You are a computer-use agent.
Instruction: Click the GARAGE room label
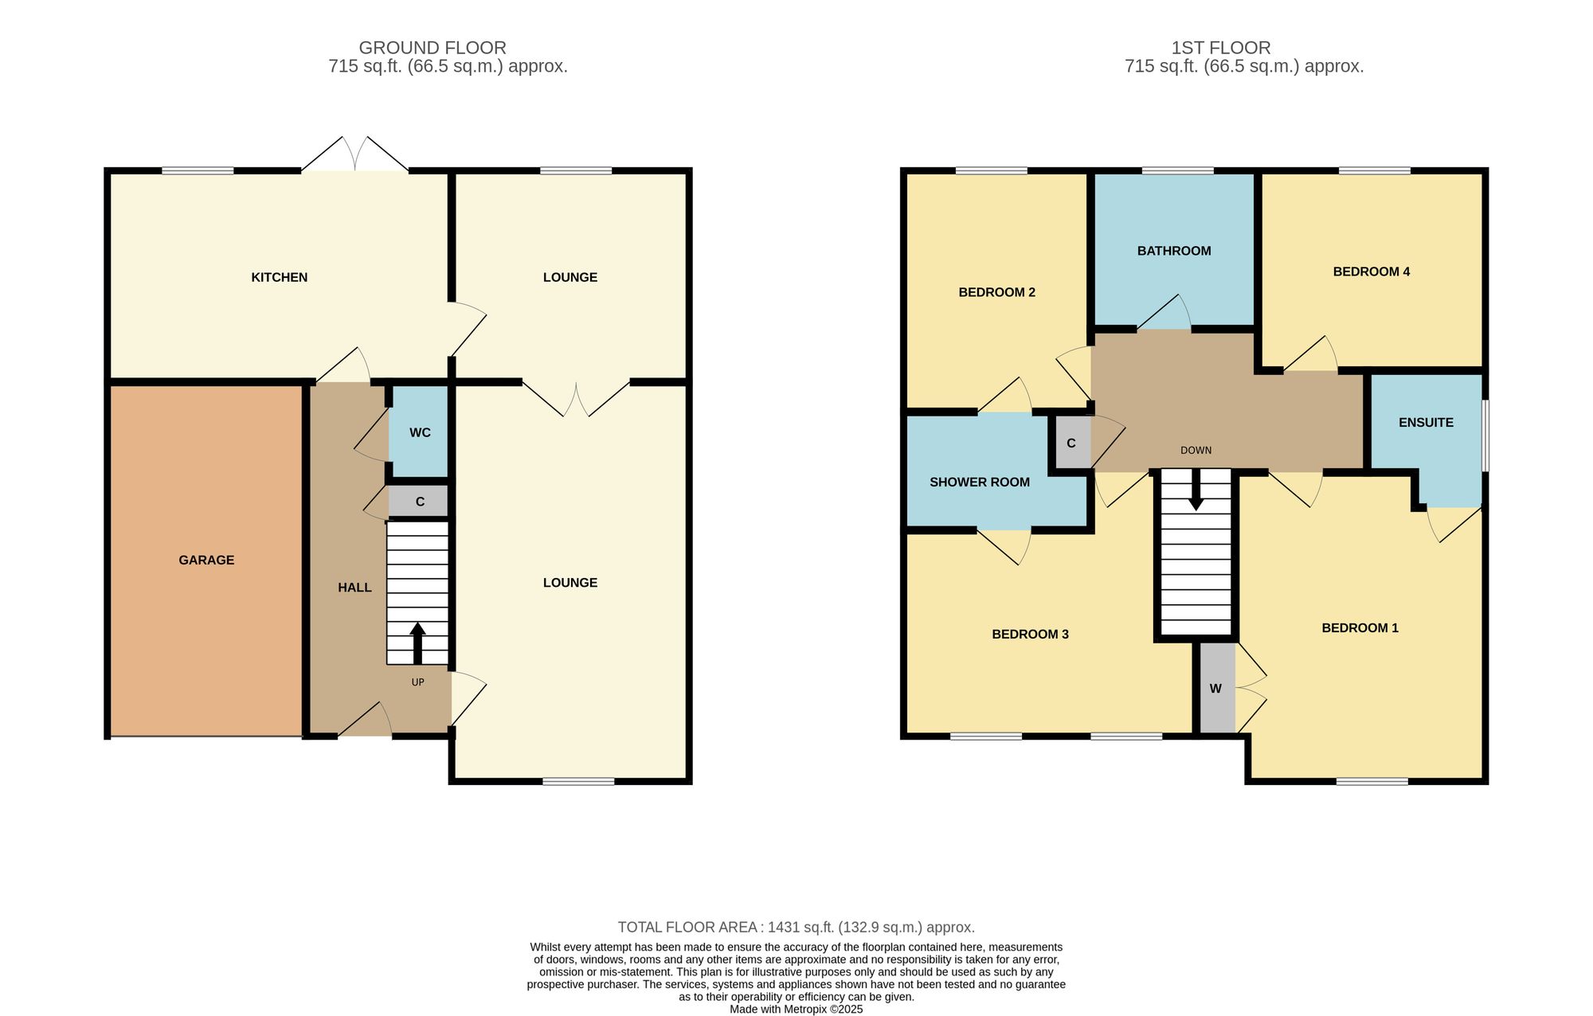206,560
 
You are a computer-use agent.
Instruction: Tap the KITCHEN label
280,277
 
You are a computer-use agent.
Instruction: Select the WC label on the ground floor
420,432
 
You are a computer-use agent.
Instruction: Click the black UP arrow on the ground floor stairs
417,643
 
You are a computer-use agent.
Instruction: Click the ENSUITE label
1426,422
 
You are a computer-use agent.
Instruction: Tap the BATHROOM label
1174,251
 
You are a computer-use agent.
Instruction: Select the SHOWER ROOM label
980,482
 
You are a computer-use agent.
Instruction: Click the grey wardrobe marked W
1217,688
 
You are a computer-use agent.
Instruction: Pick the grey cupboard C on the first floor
1072,443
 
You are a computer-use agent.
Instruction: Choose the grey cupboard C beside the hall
418,502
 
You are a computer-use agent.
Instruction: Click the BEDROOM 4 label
1372,272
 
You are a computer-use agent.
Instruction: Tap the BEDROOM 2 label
996,292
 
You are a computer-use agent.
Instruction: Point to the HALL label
354,588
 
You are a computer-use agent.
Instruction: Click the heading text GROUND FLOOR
432,48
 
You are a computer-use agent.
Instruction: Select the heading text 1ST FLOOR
1221,48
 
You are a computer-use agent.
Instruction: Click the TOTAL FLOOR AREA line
796,927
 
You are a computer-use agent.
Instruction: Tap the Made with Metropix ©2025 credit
796,1009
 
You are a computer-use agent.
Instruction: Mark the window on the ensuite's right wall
1485,436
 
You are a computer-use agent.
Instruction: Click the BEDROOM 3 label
1030,634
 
